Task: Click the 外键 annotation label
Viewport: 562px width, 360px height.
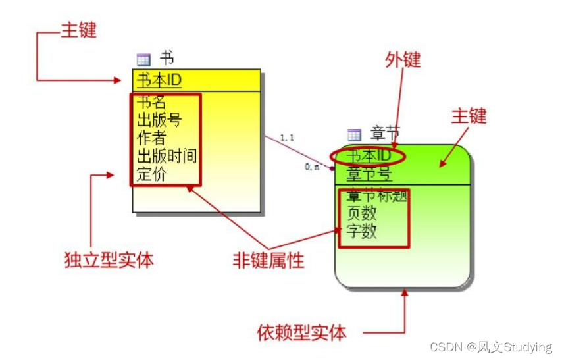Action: [x=403, y=60]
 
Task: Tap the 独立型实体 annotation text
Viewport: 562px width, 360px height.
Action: [x=109, y=260]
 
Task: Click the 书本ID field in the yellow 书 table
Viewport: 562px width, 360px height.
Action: [x=159, y=80]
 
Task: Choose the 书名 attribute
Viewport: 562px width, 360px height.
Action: [x=151, y=102]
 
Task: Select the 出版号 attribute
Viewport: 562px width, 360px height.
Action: [x=159, y=120]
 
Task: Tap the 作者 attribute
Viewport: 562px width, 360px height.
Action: [x=151, y=138]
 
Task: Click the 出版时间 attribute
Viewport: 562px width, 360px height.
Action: [x=166, y=156]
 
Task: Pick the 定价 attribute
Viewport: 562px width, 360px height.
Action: [x=151, y=174]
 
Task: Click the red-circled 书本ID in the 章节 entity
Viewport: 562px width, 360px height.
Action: [x=369, y=156]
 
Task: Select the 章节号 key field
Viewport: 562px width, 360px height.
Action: [x=369, y=174]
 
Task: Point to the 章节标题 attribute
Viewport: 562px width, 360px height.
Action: [x=376, y=195]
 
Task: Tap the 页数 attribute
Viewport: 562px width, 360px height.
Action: [x=361, y=213]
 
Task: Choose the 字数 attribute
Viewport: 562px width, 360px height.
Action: [x=361, y=231]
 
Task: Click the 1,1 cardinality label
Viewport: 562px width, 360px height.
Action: [x=286, y=138]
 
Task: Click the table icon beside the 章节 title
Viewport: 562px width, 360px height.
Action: [x=355, y=135]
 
